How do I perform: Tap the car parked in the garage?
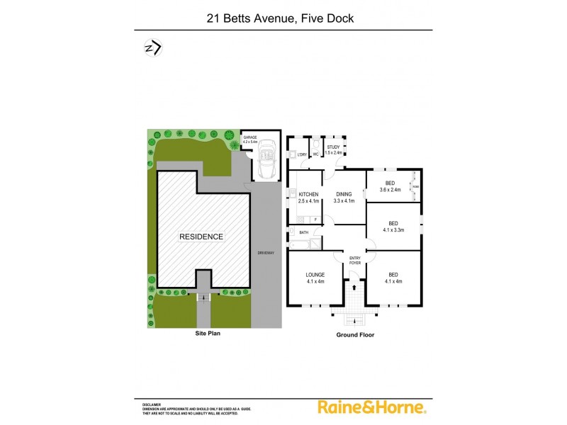click(267, 159)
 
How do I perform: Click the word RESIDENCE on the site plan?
click(201, 237)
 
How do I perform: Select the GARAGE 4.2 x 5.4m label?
click(250, 140)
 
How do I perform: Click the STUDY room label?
click(333, 149)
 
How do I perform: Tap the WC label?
click(316, 154)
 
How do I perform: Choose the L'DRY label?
click(302, 154)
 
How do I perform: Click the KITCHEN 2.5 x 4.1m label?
click(308, 198)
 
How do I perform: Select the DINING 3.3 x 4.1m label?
click(344, 198)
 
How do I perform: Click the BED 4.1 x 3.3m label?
click(393, 227)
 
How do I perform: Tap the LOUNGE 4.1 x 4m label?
click(315, 278)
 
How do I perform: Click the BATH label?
click(303, 232)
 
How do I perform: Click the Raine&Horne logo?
click(371, 407)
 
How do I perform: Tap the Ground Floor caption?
click(355, 335)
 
